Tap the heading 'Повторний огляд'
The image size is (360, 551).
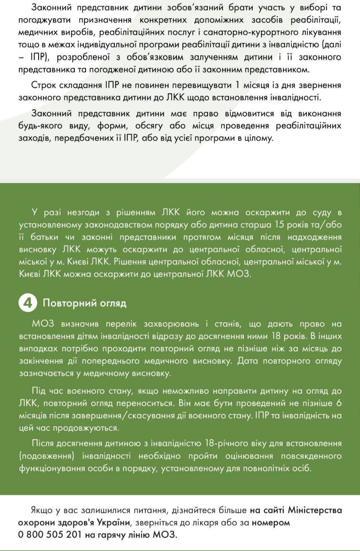coord(84,303)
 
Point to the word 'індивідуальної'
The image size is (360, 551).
coord(108,44)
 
